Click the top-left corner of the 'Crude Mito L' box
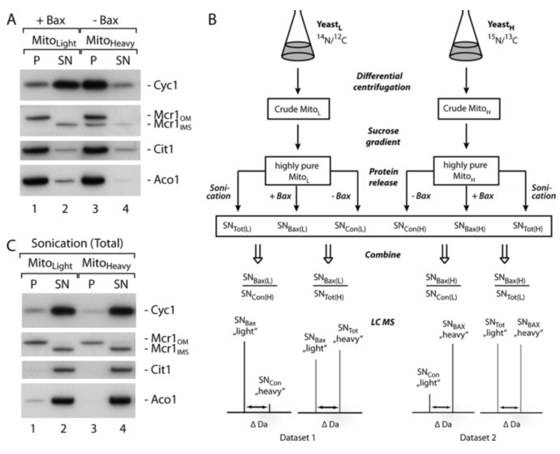click(x=268, y=99)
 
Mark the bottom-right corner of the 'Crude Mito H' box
click(x=500, y=119)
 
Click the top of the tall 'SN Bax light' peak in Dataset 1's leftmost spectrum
click(x=244, y=341)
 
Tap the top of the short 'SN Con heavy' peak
click(x=270, y=404)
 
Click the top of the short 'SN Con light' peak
click(x=430, y=394)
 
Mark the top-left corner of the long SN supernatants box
click(x=216, y=216)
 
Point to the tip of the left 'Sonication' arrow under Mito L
click(x=238, y=212)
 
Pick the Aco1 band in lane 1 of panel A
click(x=36, y=180)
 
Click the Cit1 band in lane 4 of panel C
click(x=121, y=370)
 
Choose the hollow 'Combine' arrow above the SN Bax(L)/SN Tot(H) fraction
click(x=328, y=254)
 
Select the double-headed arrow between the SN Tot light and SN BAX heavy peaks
click(x=510, y=407)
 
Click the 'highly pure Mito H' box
click(x=466, y=171)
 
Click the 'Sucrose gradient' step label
click(x=383, y=136)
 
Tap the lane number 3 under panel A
click(x=95, y=208)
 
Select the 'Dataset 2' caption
click(x=478, y=437)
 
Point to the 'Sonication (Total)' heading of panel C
click(x=77, y=243)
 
